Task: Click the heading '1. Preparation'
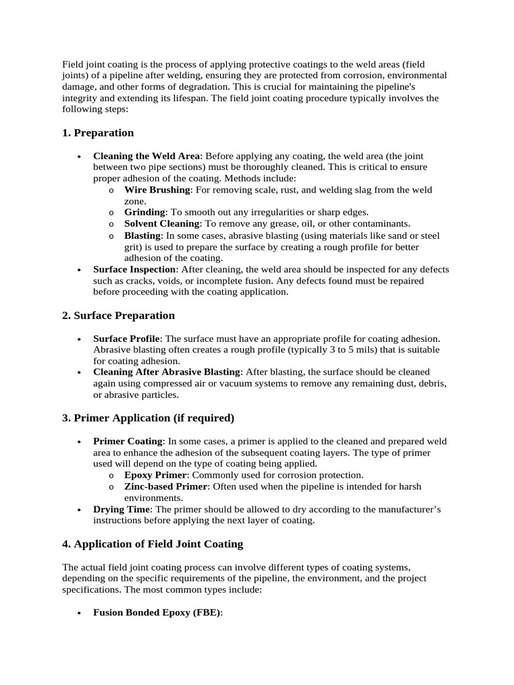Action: click(98, 133)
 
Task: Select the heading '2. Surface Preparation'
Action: click(118, 316)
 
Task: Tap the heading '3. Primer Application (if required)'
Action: click(148, 418)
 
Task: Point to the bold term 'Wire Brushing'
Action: click(157, 190)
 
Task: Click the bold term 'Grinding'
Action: click(145, 212)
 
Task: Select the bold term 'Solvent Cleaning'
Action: click(162, 223)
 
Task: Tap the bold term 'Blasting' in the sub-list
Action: click(143, 235)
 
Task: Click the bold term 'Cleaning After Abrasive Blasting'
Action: click(167, 372)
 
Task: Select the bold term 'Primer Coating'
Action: click(128, 442)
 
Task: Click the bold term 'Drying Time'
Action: click(121, 510)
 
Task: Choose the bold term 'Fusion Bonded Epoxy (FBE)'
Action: click(157, 612)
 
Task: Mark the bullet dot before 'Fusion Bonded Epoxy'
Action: click(80, 613)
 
